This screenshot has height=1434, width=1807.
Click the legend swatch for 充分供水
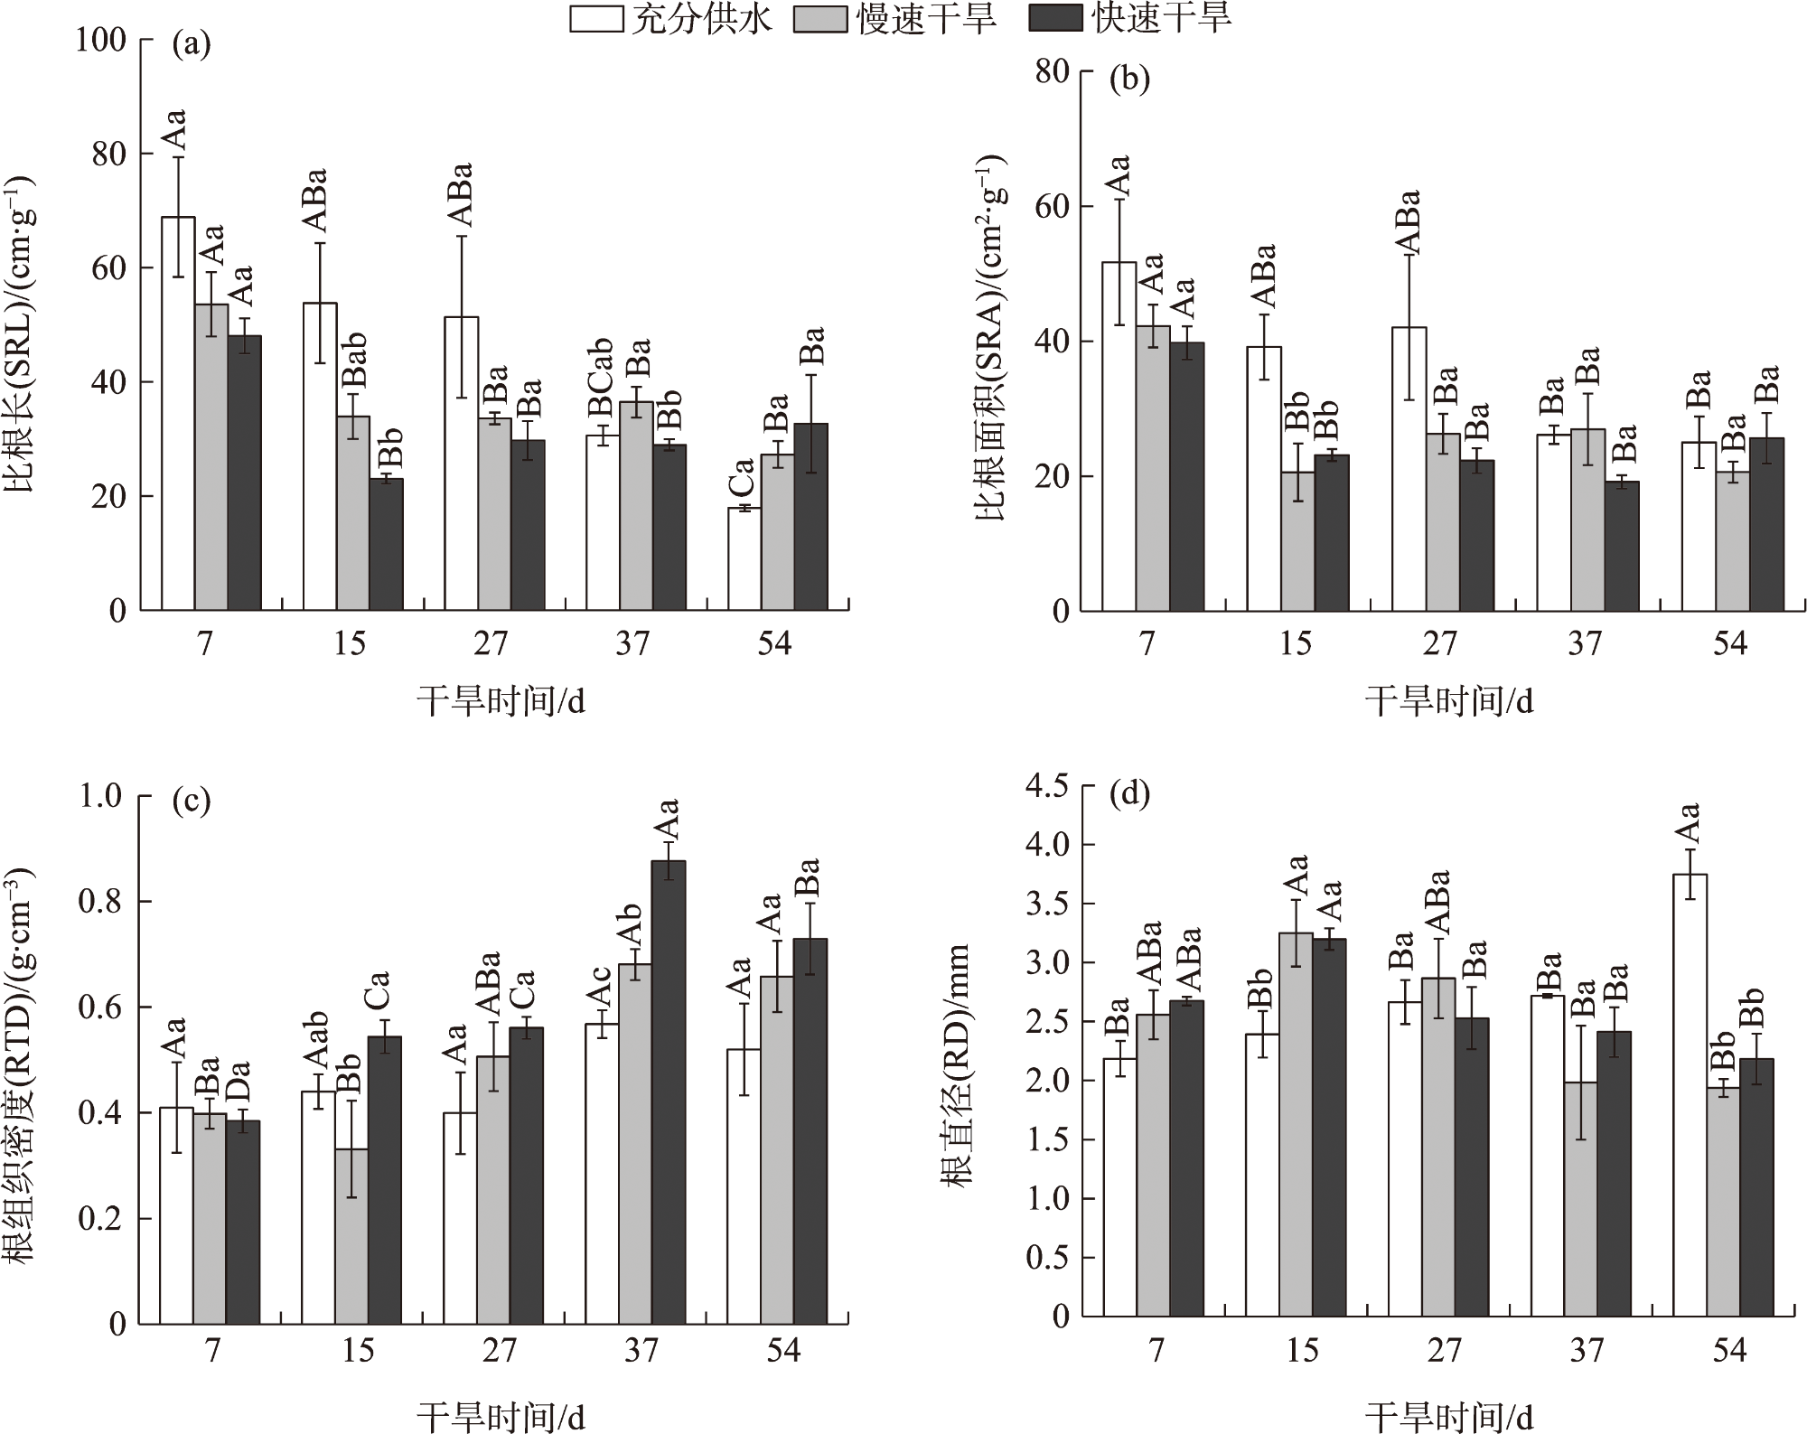[596, 19]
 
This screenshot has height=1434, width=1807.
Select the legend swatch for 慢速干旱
[820, 19]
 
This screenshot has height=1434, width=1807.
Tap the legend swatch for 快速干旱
[1055, 19]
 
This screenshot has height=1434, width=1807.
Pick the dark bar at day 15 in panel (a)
[387, 544]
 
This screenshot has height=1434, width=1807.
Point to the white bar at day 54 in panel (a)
[744, 558]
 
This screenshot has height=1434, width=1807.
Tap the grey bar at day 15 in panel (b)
[1297, 541]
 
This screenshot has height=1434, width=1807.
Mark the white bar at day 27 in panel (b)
[1409, 469]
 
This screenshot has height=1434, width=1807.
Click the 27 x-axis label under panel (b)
[1440, 644]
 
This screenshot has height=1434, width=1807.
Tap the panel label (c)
[191, 801]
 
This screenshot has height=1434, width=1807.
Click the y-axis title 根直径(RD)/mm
[956, 1066]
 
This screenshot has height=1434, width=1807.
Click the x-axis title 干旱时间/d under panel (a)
[501, 700]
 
